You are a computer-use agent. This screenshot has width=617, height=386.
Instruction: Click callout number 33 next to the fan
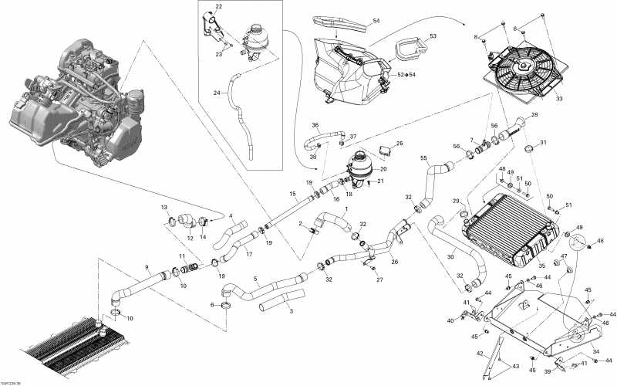(x=559, y=98)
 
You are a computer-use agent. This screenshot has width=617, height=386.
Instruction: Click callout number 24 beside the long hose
(x=217, y=93)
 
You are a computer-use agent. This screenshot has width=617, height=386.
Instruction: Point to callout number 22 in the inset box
(x=218, y=6)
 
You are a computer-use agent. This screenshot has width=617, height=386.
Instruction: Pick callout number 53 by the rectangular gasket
(x=433, y=36)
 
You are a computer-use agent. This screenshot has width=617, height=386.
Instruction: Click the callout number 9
(x=146, y=268)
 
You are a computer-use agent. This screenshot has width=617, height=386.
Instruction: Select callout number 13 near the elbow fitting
(x=164, y=208)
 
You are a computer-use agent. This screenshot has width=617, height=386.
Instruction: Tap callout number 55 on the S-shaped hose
(x=423, y=158)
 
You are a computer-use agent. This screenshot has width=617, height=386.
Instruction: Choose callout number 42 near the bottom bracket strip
(x=479, y=354)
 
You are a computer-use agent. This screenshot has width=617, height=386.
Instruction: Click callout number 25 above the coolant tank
(x=400, y=144)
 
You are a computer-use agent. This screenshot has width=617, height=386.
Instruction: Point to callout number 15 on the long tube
(x=293, y=193)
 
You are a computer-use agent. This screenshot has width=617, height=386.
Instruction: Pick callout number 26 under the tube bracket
(x=394, y=262)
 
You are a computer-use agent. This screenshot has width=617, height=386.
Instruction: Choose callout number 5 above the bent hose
(x=255, y=279)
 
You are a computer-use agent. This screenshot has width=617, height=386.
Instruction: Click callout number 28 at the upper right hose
(x=534, y=115)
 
